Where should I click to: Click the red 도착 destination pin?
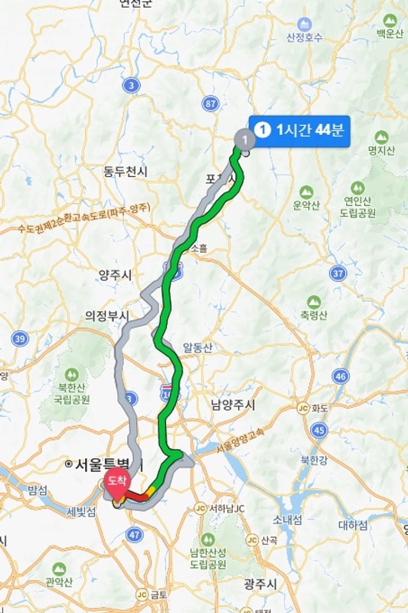coord(116,482)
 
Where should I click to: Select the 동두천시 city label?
coord(125,172)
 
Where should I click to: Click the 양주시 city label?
coord(115,274)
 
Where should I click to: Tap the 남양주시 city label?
coord(233,404)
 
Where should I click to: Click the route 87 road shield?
coord(211,103)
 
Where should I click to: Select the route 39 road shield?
coord(21,338)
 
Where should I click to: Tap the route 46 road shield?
coord(341,375)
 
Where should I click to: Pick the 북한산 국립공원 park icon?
coord(72,375)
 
